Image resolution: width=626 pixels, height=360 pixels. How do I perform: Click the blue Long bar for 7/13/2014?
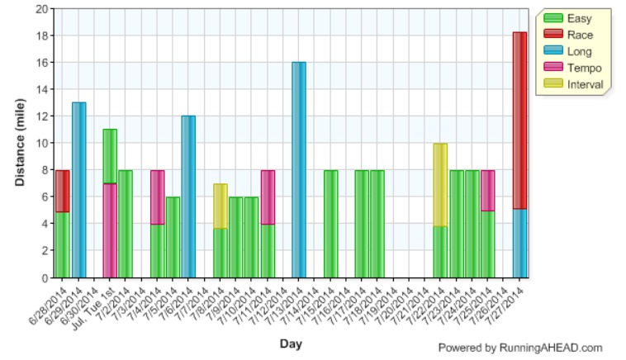(x=298, y=169)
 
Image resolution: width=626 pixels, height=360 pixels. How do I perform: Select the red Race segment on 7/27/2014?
(x=519, y=121)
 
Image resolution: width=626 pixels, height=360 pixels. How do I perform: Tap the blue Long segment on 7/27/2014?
(x=519, y=243)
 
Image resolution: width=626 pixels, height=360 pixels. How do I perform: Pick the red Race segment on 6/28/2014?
(x=62, y=191)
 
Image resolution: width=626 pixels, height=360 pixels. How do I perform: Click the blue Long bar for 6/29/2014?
(x=78, y=190)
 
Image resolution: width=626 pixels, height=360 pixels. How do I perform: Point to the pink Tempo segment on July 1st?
(x=110, y=230)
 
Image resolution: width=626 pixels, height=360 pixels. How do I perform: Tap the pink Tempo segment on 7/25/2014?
(x=487, y=190)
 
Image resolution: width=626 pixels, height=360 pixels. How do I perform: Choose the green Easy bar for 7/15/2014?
(x=330, y=224)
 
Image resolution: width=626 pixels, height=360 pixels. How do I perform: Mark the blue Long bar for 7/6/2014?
(x=188, y=197)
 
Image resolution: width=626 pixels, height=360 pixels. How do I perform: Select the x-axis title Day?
(x=291, y=342)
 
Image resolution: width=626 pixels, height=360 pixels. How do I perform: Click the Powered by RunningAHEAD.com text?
(x=519, y=348)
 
